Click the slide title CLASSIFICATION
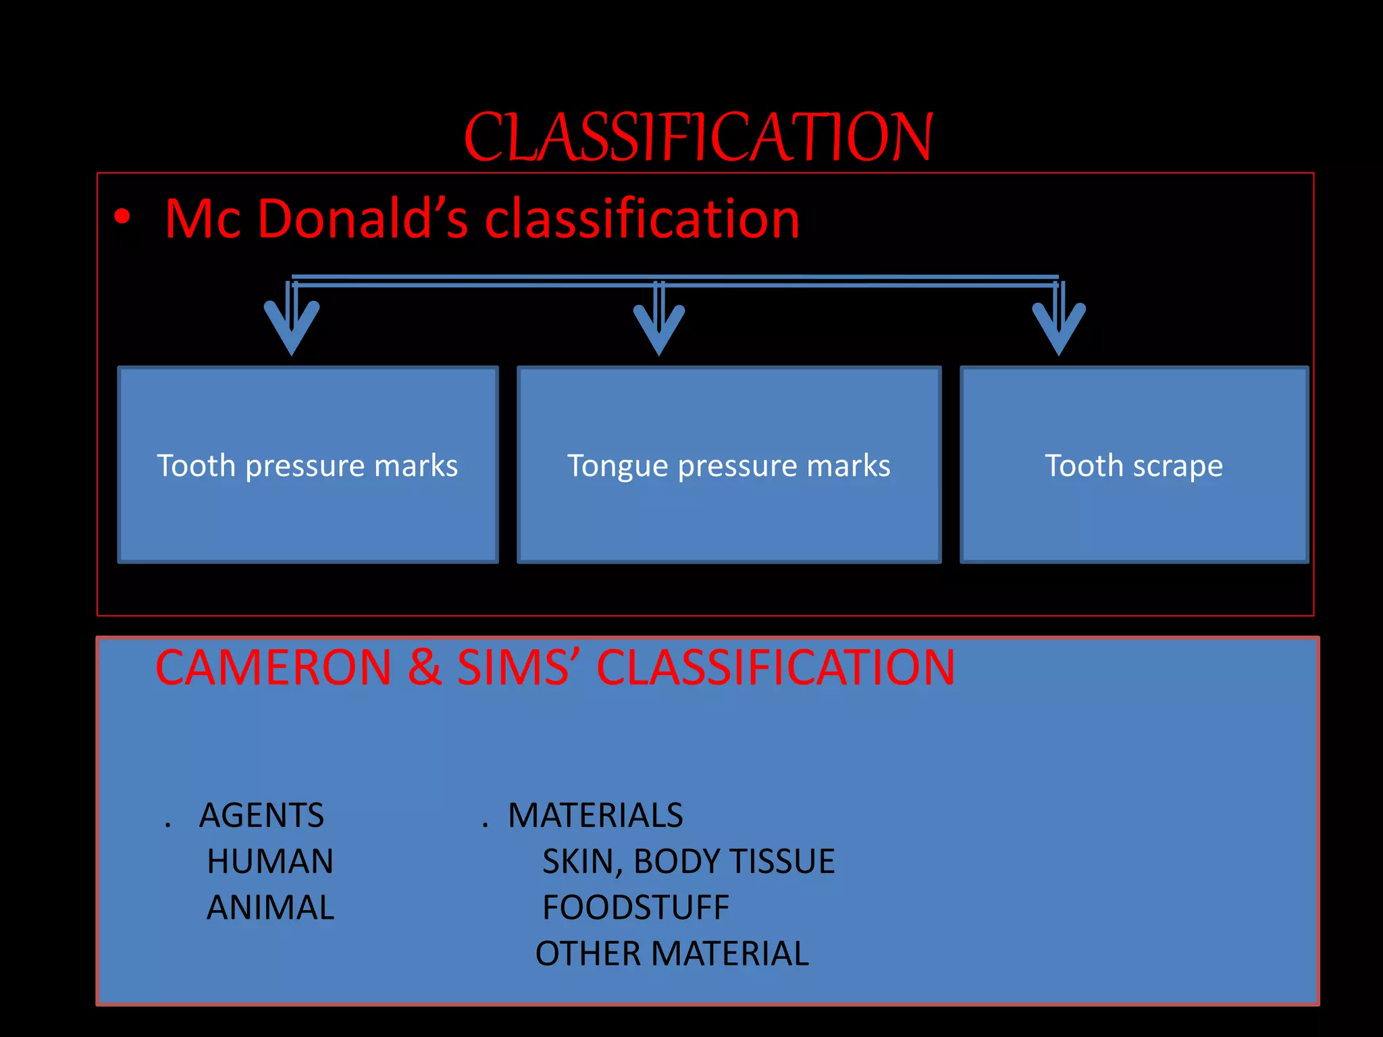[698, 138]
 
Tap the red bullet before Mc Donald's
[122, 217]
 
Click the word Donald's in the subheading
[363, 219]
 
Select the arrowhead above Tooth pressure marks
[292, 327]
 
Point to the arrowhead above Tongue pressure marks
[659, 328]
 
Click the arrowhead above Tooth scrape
[1059, 328]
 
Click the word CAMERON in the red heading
[273, 668]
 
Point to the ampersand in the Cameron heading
[424, 668]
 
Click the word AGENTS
[261, 816]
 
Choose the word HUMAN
[270, 861]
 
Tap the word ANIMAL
[270, 907]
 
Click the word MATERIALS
[595, 816]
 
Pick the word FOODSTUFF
[635, 907]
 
